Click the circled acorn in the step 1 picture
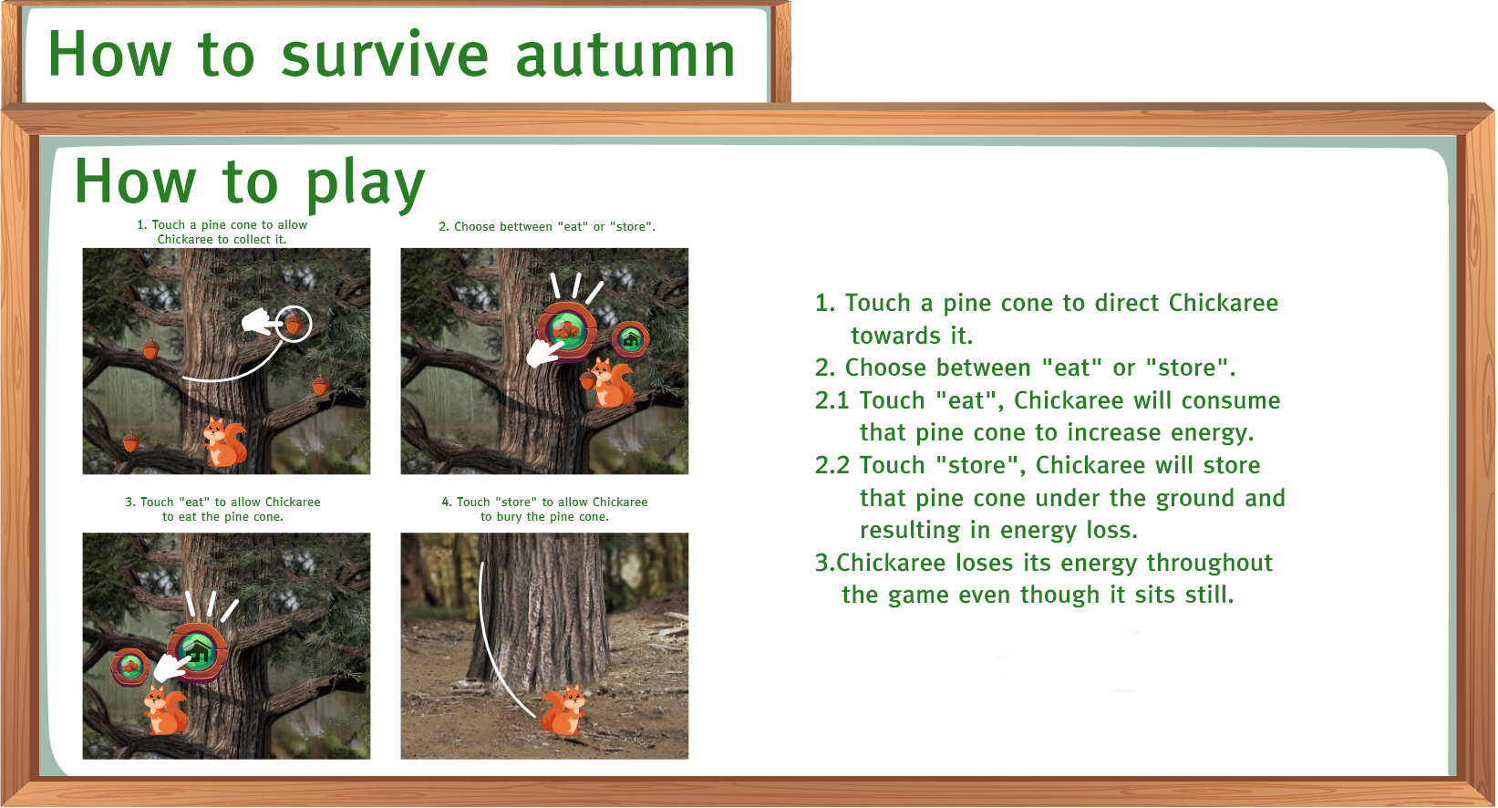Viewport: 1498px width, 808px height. pyautogui.click(x=294, y=325)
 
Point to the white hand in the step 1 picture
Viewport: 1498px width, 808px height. pyautogui.click(x=260, y=322)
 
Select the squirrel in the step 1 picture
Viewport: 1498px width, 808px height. pyautogui.click(x=224, y=441)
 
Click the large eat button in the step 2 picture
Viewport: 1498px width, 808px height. pyautogui.click(x=566, y=330)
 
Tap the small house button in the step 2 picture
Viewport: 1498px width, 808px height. pyautogui.click(x=631, y=339)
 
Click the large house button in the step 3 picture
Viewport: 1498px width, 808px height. pyautogui.click(x=197, y=651)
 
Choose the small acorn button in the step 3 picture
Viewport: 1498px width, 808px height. pyautogui.click(x=130, y=667)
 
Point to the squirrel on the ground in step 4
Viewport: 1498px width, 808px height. pyautogui.click(x=563, y=710)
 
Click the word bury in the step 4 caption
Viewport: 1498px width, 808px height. pyautogui.click(x=509, y=517)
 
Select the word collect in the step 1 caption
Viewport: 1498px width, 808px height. pyautogui.click(x=234, y=240)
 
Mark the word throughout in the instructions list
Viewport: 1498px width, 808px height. pyautogui.click(x=1209, y=563)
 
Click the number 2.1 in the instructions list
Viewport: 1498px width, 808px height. pyautogui.click(x=832, y=400)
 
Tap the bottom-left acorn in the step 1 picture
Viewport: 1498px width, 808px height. pyautogui.click(x=131, y=441)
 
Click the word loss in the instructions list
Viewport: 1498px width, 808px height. pyautogui.click(x=1112, y=531)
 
